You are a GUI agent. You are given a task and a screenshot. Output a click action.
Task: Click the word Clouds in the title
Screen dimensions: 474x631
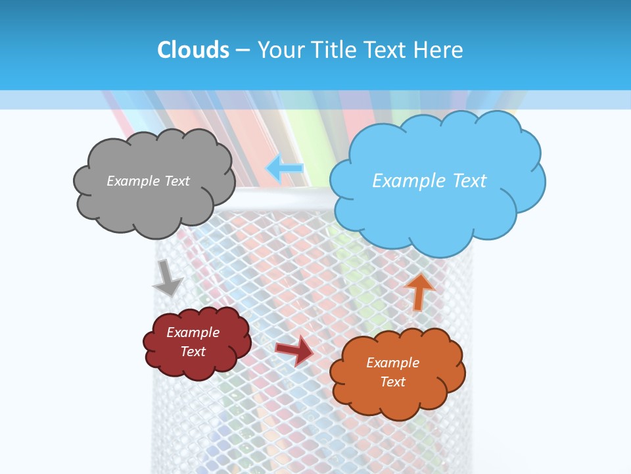pos(193,50)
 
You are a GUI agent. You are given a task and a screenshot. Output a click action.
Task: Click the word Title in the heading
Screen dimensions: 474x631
pos(335,50)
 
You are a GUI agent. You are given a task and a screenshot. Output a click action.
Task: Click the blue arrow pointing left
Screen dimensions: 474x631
pos(284,169)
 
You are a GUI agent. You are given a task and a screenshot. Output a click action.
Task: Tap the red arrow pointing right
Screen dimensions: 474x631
pos(294,350)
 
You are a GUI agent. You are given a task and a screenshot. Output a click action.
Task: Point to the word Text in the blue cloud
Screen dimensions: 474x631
pos(465,181)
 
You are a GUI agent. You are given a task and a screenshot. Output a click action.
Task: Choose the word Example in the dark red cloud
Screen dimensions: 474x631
pos(193,332)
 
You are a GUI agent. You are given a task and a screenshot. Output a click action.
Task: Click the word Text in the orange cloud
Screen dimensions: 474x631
pos(392,382)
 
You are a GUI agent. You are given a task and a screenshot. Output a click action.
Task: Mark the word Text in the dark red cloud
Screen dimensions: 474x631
pos(193,352)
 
